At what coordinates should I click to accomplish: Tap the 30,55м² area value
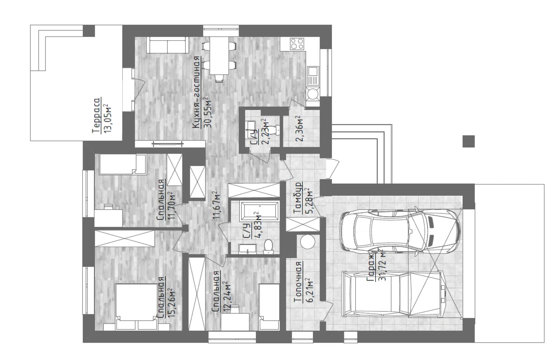pos(207,113)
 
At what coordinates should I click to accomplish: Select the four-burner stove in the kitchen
pos(297,44)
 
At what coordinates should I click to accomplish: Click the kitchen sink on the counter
pos(313,76)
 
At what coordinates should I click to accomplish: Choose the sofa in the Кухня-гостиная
pos(167,45)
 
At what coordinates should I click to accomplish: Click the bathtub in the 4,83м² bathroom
pos(260,211)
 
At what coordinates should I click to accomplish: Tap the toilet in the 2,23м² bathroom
pos(277,130)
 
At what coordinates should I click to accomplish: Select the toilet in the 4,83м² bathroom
pos(268,246)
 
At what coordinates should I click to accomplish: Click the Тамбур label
pos(298,198)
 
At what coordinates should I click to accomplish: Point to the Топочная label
pos(298,282)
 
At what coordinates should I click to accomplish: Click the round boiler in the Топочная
pos(307,242)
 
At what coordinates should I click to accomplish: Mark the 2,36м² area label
pos(300,129)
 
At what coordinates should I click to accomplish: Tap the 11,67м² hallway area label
pos(217,205)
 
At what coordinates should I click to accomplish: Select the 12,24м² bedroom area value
pos(227,296)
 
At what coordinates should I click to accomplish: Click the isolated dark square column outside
pos(469,141)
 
